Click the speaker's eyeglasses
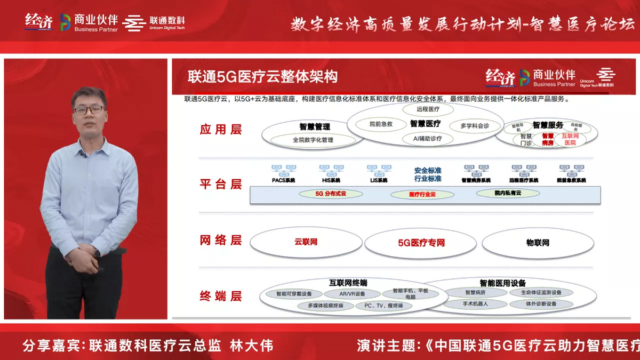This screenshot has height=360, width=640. pos(89,110)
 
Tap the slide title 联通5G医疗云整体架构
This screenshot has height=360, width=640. pos(262,76)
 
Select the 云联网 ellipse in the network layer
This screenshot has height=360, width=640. pos(306,242)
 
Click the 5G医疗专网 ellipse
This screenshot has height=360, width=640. pos(421,243)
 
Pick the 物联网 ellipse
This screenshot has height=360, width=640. pos(538,243)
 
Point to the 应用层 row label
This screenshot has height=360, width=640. pos(221,130)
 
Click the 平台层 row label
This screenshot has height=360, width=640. pos(221,184)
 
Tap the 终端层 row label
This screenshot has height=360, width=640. pos(221,297)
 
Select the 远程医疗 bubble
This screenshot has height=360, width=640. pos(428,109)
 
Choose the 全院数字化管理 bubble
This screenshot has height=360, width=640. pos(313,140)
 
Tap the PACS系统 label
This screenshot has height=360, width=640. pos(283,181)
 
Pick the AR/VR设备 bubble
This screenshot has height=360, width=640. pos(353,294)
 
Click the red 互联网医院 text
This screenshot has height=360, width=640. pos(570,140)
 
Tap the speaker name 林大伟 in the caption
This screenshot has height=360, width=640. pos(251,346)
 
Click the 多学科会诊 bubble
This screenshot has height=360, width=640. pos(475,126)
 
